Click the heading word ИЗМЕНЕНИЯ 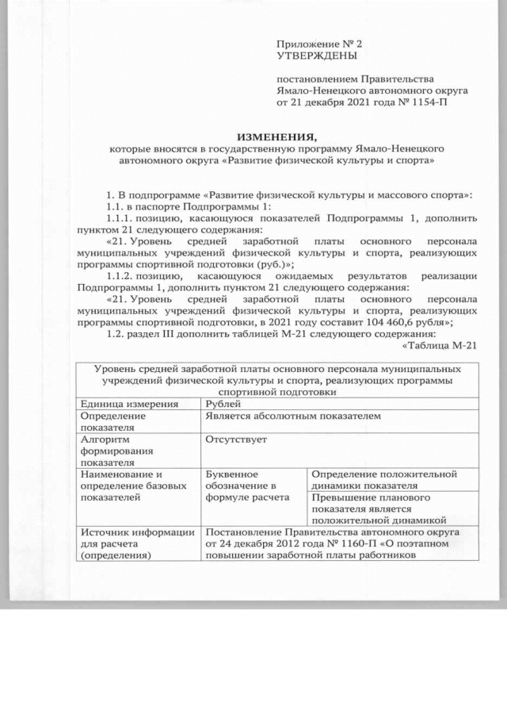click(x=273, y=136)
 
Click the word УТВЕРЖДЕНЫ click(x=316, y=57)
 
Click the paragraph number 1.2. click(x=113, y=333)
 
